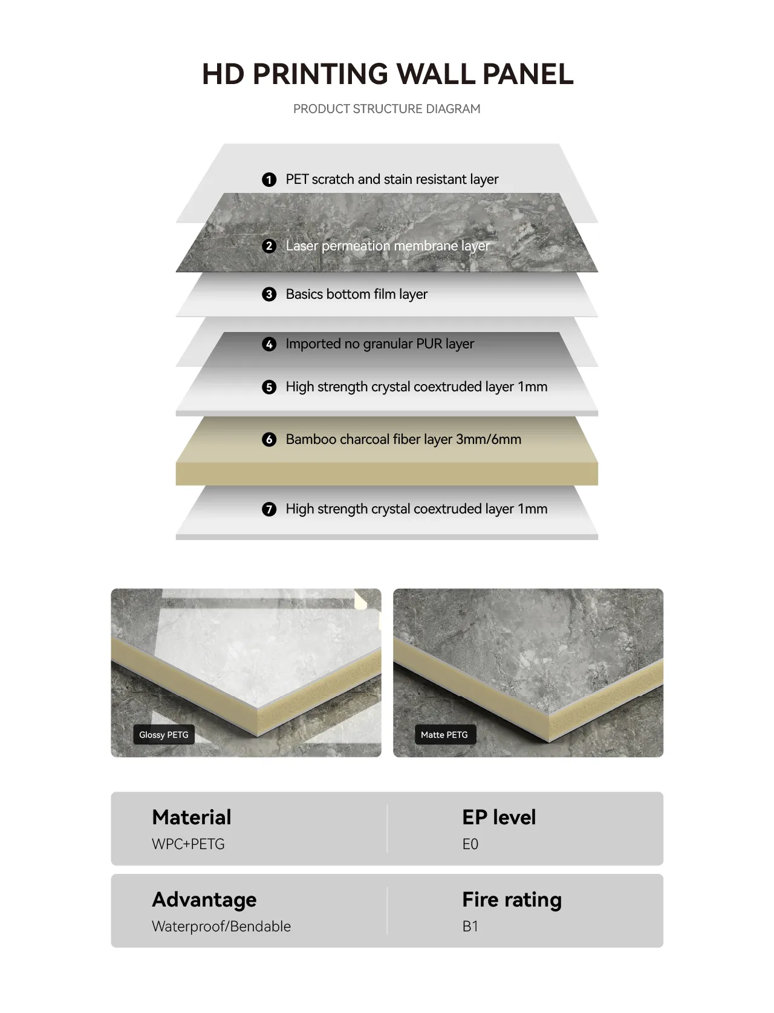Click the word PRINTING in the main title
[x=320, y=74]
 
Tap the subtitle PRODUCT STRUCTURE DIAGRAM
[x=386, y=109]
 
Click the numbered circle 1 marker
[x=269, y=180]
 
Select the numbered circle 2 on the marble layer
[x=269, y=246]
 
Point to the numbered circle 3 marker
[x=269, y=294]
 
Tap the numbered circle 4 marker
[x=269, y=344]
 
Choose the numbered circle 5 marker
[x=269, y=386]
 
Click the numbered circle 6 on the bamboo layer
[x=269, y=439]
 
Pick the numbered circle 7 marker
[x=269, y=509]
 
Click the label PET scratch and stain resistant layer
[x=392, y=180]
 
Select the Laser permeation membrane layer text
[x=388, y=246]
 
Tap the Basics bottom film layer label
[x=357, y=294]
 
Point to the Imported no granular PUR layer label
[x=380, y=344]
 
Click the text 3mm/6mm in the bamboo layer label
[x=489, y=439]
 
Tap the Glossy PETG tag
[x=164, y=735]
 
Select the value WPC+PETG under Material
[x=188, y=844]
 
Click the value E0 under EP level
[x=470, y=844]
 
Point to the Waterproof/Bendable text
[x=221, y=927]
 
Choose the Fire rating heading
[x=512, y=900]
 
